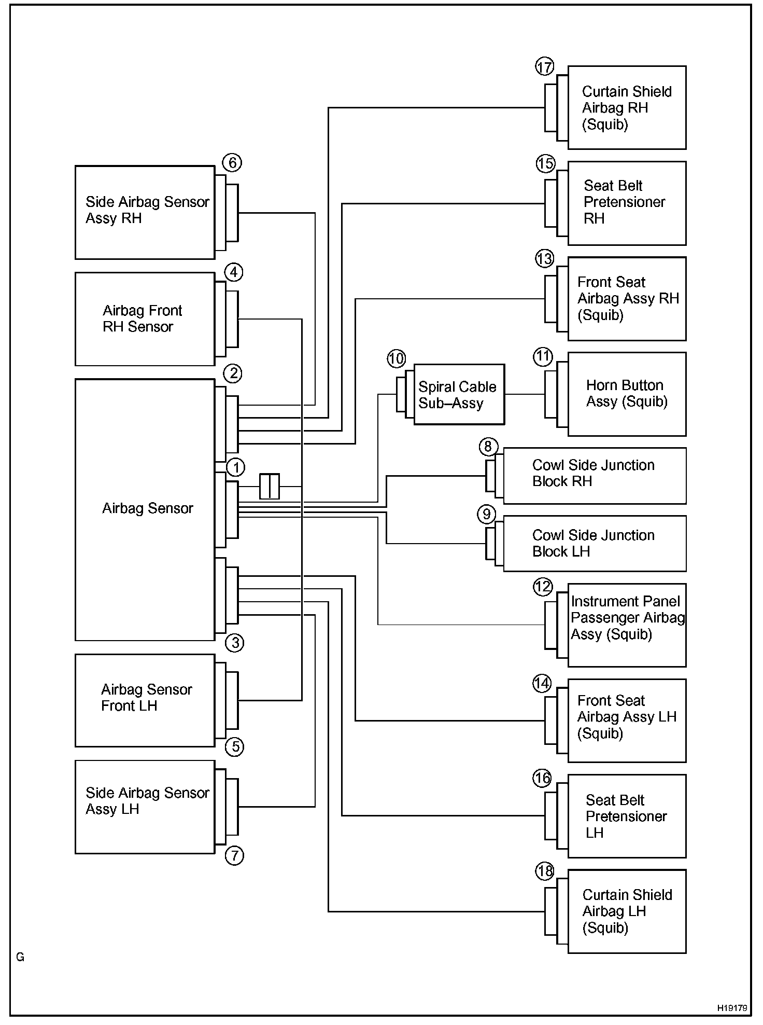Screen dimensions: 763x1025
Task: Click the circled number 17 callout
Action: [x=545, y=67]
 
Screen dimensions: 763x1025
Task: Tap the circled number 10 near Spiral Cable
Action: [x=396, y=358]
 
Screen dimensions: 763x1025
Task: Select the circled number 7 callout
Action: [x=234, y=855]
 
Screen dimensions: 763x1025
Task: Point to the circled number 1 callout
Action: [x=236, y=467]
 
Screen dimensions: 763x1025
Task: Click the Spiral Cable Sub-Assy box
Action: [x=459, y=394]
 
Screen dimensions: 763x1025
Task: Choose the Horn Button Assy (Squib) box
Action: [x=627, y=394]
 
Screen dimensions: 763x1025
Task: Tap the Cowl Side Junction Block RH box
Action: [x=595, y=476]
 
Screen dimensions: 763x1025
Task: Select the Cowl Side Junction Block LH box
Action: [x=595, y=543]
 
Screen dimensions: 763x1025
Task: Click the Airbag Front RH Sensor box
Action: [x=145, y=319]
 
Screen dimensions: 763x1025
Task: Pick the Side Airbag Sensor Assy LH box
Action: [x=145, y=807]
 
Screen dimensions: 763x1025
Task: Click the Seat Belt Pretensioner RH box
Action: [x=627, y=203]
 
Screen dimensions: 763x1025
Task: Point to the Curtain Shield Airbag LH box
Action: [x=627, y=911]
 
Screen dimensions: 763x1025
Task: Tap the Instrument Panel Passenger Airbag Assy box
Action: [x=627, y=625]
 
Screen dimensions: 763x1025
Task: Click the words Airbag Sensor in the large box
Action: [x=148, y=508]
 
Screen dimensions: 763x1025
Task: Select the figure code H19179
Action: [x=732, y=1008]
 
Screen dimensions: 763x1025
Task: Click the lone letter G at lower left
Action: [x=20, y=957]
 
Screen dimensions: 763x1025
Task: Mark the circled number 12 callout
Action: [x=543, y=587]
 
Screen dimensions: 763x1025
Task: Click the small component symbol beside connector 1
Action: [x=270, y=486]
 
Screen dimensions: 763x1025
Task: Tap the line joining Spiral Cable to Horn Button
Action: [x=525, y=394]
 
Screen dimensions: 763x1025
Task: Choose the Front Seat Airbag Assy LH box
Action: [x=627, y=721]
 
